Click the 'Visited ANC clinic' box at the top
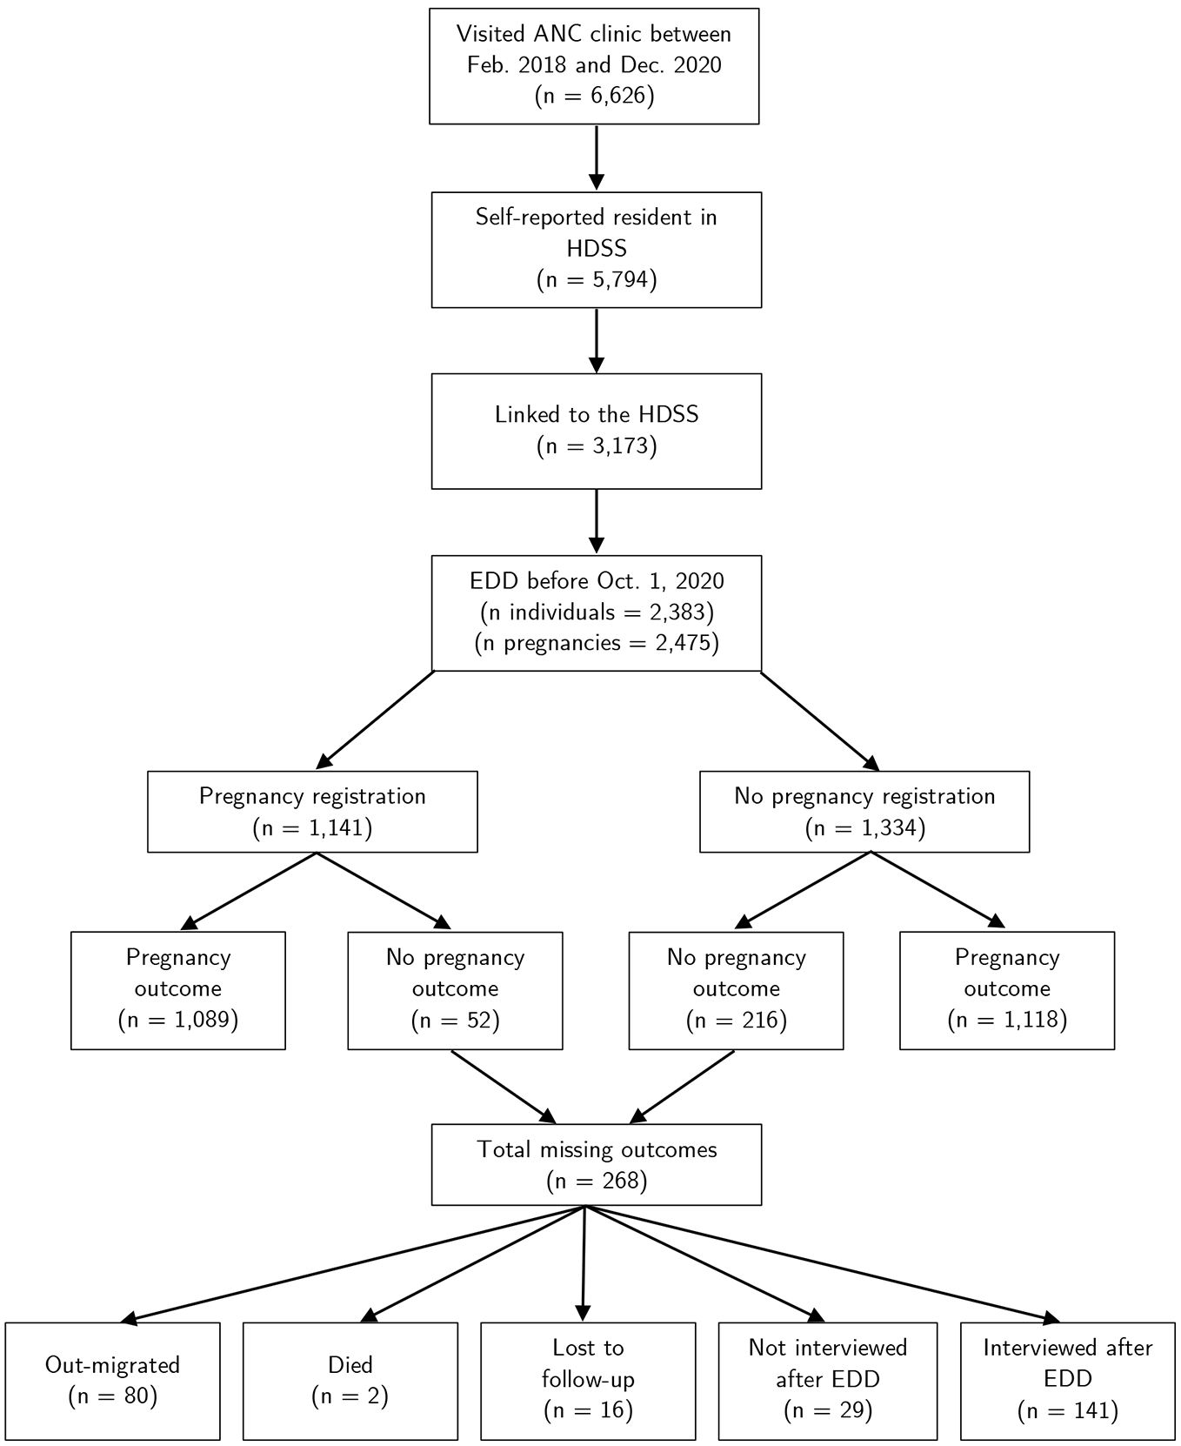point(594,66)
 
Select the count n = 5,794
point(597,279)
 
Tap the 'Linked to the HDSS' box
point(597,431)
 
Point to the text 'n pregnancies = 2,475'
point(597,643)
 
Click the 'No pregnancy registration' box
point(864,811)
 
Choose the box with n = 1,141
point(312,811)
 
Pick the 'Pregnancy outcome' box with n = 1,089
point(178,990)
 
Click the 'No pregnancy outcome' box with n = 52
point(455,990)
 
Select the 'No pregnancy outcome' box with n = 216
point(736,990)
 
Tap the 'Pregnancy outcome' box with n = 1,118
point(1007,990)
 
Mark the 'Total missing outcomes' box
point(597,1164)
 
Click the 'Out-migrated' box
point(112,1381)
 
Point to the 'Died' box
point(350,1381)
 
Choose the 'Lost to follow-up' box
point(588,1381)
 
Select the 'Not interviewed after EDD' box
point(828,1381)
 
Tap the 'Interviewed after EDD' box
point(1068,1381)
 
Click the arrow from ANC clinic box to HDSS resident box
point(596,157)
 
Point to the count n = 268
point(597,1181)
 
